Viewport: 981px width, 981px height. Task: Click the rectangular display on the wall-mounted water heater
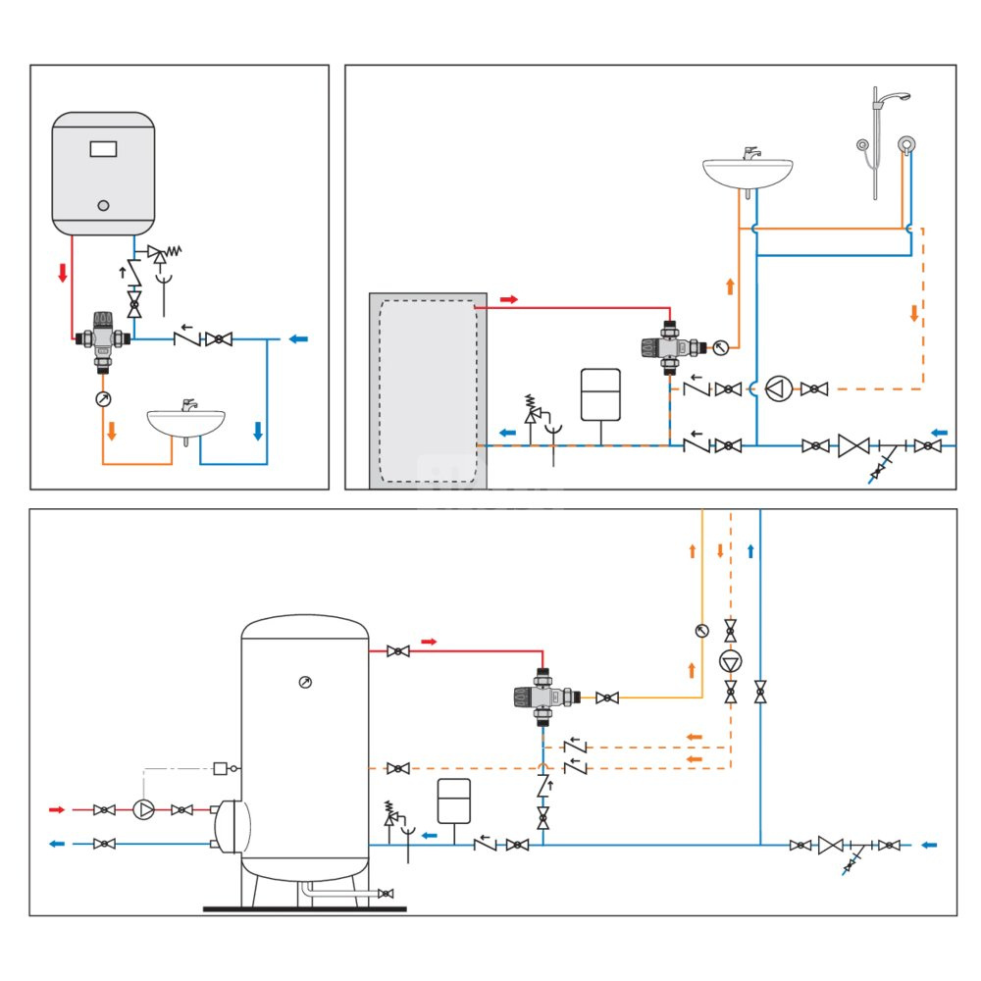coord(104,149)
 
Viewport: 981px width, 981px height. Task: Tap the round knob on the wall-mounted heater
coord(104,206)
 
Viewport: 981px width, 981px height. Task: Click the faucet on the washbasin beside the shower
coord(750,154)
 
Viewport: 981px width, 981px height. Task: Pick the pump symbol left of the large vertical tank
coord(144,810)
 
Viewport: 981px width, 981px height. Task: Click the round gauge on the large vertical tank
coord(305,682)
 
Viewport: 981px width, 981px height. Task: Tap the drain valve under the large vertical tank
coord(386,894)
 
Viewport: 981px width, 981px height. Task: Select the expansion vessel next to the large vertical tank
coord(454,801)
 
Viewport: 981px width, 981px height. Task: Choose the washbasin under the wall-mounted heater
coord(185,421)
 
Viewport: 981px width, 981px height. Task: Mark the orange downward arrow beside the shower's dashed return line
coord(914,313)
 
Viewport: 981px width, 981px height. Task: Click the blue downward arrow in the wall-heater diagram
coord(258,431)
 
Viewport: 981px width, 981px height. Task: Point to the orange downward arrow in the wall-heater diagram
coord(111,431)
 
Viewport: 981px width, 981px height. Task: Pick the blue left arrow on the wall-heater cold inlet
coord(298,339)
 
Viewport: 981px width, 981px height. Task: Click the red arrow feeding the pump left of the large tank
coord(57,810)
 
